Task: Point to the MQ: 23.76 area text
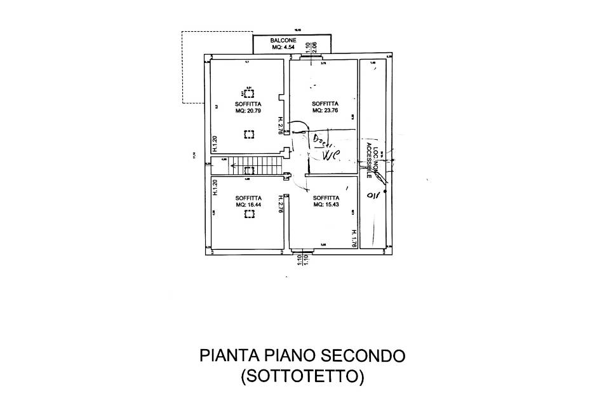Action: (x=325, y=110)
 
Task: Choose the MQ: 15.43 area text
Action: (x=326, y=205)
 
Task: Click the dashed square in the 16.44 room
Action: (x=249, y=215)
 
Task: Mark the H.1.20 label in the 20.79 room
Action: (x=215, y=144)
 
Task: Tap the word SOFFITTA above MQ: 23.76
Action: (x=325, y=103)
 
